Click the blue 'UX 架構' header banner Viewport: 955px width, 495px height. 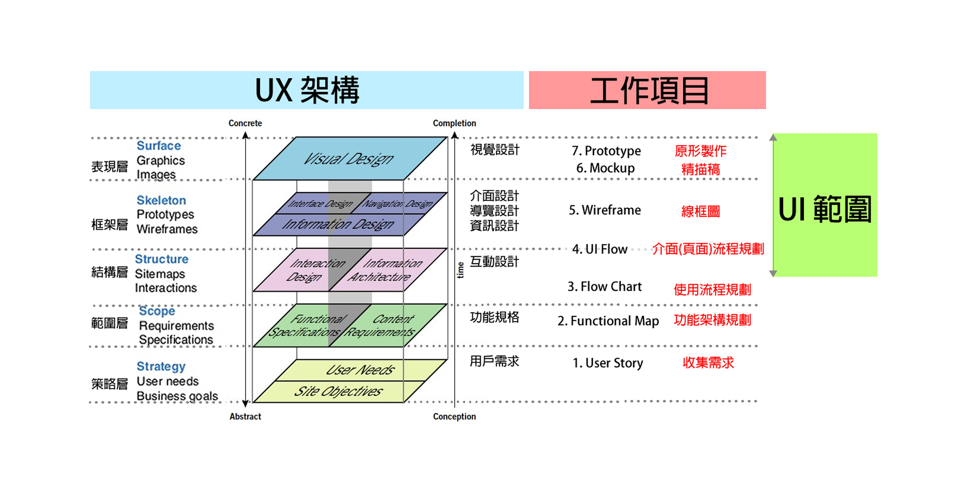coord(306,90)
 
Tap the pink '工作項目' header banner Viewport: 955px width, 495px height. coord(647,90)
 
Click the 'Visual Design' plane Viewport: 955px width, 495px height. coord(349,159)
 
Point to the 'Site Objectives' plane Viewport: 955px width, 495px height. coord(338,391)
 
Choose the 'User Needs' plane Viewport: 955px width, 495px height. coord(360,370)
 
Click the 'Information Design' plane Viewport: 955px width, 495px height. coord(338,225)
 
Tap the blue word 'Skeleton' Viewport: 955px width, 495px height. coord(161,200)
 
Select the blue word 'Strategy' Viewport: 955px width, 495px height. coord(161,366)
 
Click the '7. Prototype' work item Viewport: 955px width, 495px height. coord(606,151)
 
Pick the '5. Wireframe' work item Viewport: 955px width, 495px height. coord(604,210)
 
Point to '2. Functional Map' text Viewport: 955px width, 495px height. coord(608,321)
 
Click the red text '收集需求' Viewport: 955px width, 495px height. coord(708,363)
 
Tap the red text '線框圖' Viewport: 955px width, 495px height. coord(700,211)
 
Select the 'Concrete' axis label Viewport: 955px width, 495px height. coord(245,123)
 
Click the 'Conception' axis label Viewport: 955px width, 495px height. coord(454,416)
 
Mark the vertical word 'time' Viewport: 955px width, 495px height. coord(460,270)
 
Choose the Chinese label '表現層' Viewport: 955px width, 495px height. coord(109,167)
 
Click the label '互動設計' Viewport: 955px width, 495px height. coord(494,262)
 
